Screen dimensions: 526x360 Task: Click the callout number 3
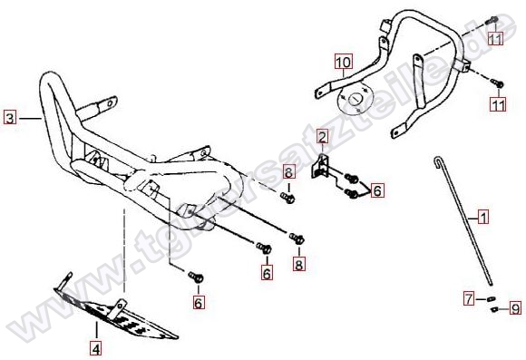10,118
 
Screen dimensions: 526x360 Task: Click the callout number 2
322,137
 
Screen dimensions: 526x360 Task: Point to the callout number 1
483,217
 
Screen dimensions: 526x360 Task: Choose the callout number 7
469,298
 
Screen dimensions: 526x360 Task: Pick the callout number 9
516,308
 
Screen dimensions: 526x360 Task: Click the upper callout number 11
495,39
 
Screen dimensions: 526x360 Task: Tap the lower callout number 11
498,104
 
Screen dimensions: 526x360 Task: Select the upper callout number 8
288,172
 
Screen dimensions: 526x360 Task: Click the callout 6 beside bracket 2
377,190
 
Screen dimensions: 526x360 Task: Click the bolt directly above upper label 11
492,20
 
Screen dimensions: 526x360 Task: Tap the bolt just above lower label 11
497,83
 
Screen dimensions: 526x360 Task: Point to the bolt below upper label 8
287,198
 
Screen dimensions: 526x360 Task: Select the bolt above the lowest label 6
196,277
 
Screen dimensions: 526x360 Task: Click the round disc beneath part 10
355,98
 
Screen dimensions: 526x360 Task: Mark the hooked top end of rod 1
437,161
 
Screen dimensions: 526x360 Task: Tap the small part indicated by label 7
491,298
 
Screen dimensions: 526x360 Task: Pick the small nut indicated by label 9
493,309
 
